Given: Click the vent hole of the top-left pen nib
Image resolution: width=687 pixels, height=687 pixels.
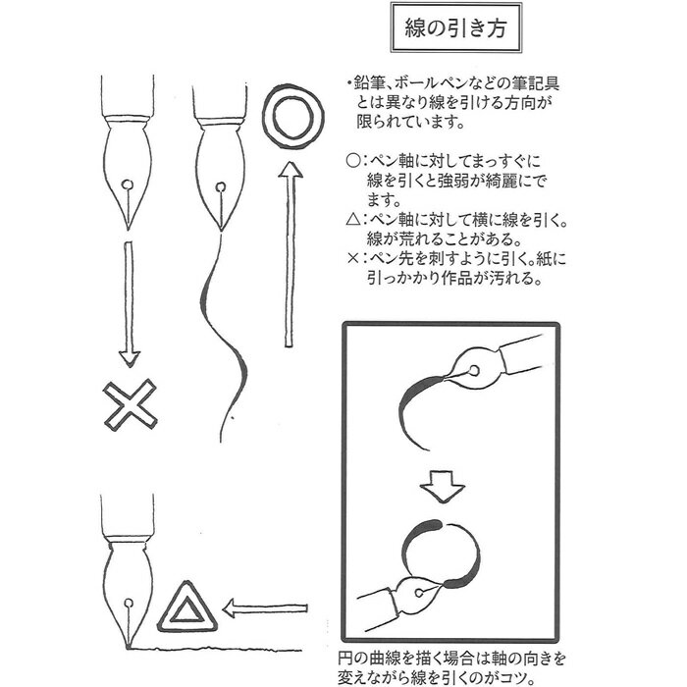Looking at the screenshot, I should [x=129, y=184].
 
